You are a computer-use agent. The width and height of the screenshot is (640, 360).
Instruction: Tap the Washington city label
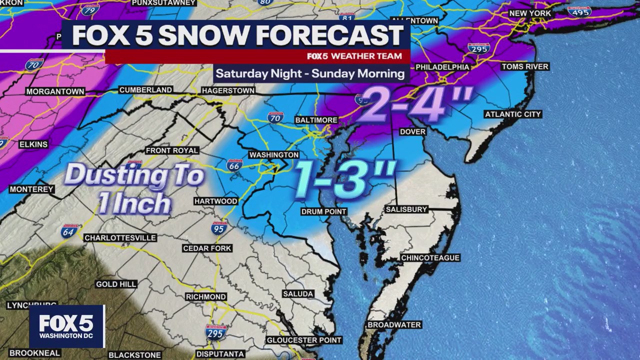click(273, 155)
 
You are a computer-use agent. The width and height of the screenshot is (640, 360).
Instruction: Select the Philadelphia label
click(442, 67)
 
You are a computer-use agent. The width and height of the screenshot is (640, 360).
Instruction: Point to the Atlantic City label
click(513, 114)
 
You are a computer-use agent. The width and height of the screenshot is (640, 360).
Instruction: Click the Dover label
click(412, 131)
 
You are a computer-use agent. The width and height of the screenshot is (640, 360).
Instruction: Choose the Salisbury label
click(406, 209)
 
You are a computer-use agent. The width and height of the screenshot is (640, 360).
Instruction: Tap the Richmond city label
click(205, 296)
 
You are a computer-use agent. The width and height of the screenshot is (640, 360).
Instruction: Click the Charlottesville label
click(120, 237)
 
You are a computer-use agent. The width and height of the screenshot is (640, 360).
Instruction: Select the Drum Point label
click(323, 211)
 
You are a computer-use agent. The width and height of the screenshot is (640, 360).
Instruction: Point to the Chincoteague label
click(430, 258)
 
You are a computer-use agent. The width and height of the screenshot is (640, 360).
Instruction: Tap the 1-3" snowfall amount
click(345, 179)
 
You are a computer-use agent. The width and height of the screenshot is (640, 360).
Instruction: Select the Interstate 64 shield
click(69, 230)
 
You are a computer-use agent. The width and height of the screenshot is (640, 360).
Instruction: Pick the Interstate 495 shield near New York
click(579, 11)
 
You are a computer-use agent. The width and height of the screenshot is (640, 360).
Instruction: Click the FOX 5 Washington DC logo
click(66, 326)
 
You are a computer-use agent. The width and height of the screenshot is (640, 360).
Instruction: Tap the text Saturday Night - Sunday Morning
click(310, 73)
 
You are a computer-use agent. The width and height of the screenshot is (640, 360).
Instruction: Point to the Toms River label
click(525, 66)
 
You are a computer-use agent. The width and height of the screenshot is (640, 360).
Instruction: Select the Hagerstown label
click(228, 91)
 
